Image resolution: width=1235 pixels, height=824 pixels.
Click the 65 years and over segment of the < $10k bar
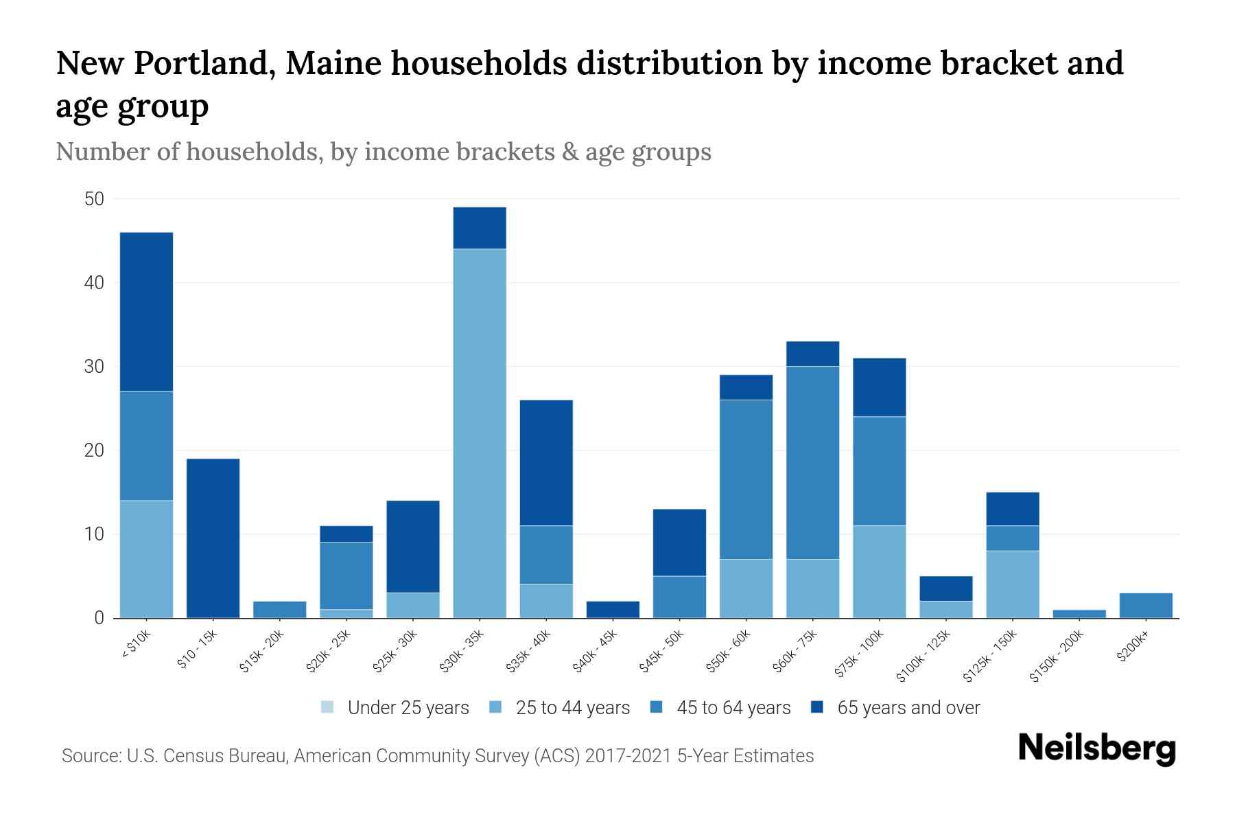coord(146,312)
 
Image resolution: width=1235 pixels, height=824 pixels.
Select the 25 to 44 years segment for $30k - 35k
coord(480,433)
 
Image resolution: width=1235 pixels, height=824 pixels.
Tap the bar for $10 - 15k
coord(213,538)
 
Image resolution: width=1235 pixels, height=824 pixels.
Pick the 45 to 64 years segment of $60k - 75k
coord(812,462)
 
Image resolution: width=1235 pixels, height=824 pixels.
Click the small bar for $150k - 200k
coord(1079,613)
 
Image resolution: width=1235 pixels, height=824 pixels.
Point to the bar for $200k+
coord(1146,605)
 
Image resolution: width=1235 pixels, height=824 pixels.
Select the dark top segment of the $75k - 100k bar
coord(879,387)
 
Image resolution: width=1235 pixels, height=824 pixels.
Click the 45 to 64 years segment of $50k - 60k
coord(746,479)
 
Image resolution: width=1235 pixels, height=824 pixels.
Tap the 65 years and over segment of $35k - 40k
coord(546,462)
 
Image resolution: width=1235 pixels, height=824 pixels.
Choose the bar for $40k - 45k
coord(613,609)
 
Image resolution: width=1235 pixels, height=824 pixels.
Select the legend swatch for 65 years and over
coord(816,707)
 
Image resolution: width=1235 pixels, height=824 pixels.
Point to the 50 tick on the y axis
coord(93,199)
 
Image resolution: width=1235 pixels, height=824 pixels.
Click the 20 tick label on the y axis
coord(93,450)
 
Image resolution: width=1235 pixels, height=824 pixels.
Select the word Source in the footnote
coord(89,756)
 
